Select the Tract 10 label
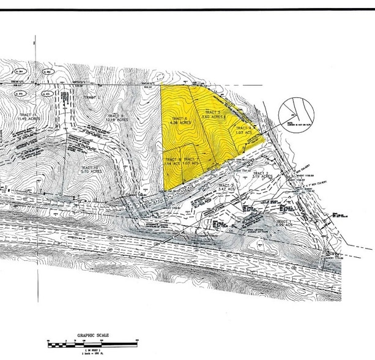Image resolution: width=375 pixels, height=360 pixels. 89,167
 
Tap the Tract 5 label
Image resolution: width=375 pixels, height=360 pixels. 212,112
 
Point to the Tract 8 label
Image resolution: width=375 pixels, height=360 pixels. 171,159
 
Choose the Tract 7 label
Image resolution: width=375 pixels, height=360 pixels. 191,159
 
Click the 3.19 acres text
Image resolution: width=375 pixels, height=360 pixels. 258,179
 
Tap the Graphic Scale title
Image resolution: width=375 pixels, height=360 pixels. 93,335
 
